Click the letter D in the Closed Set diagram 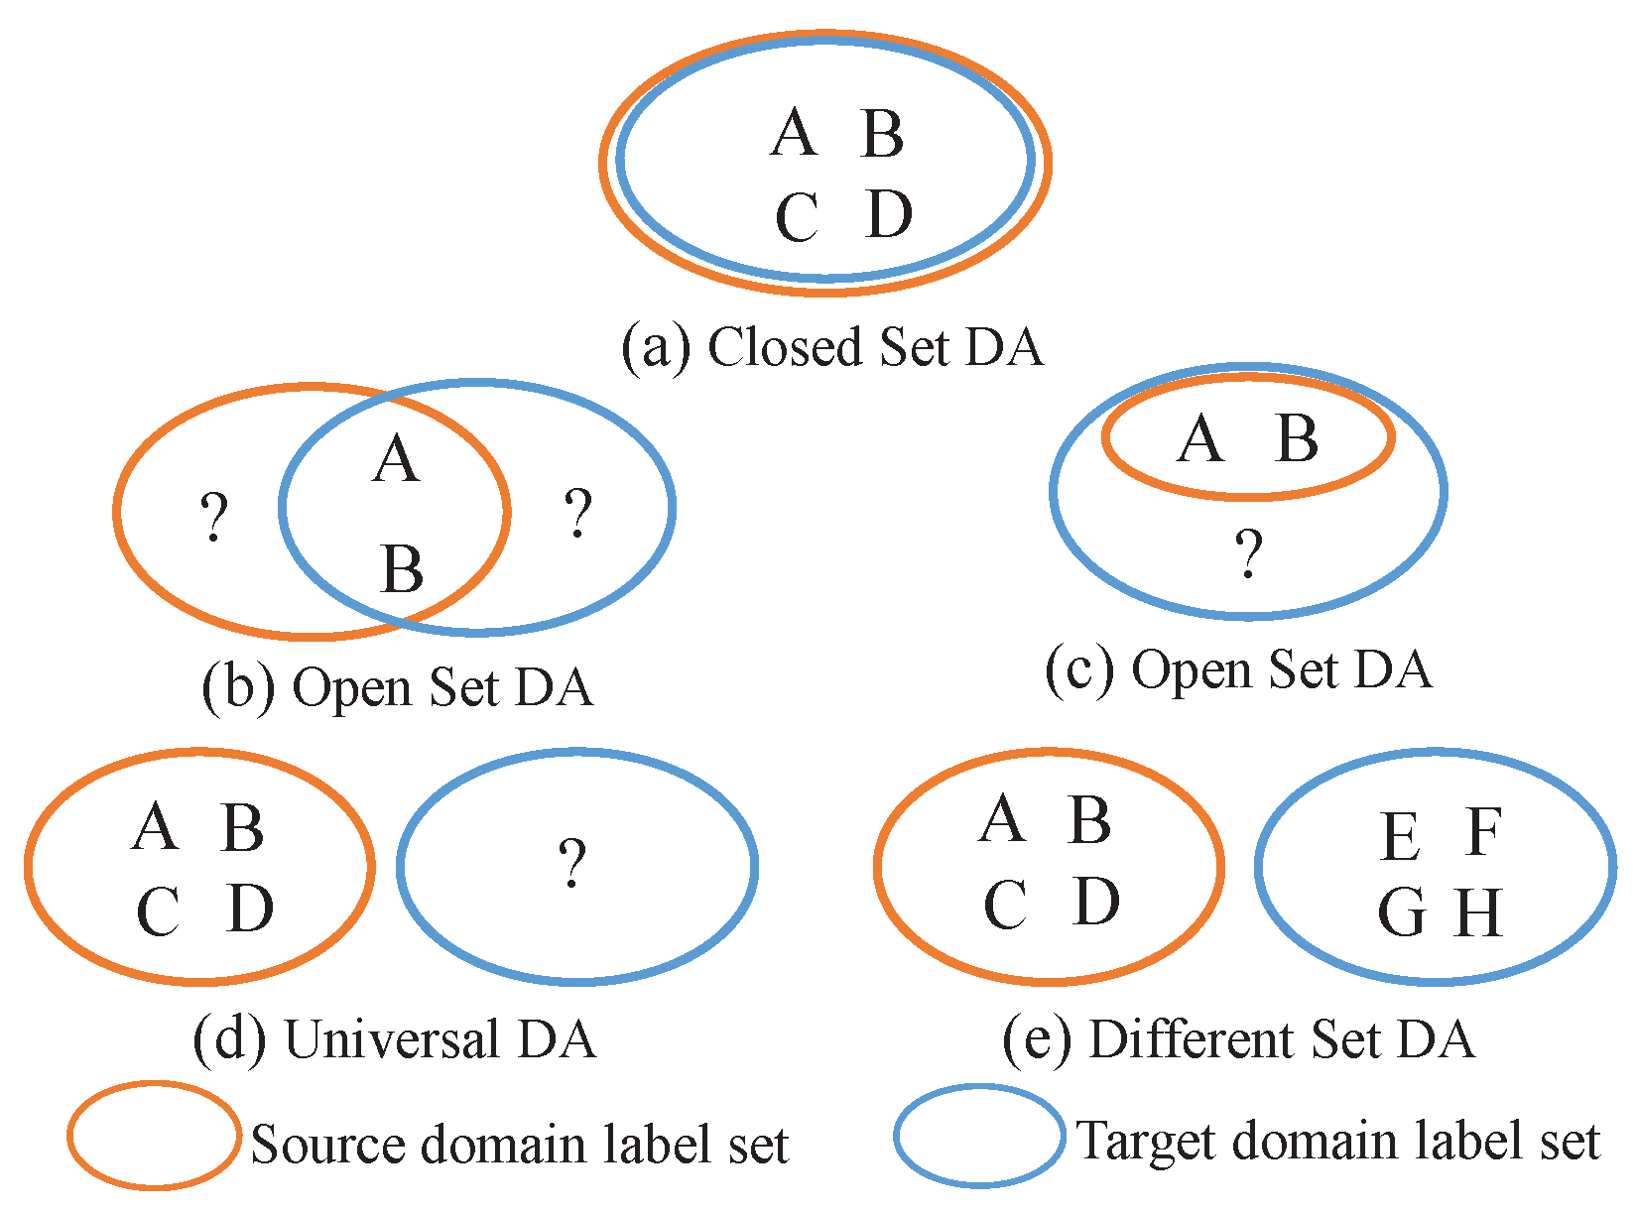888,214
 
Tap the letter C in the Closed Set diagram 797,217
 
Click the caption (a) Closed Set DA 831,347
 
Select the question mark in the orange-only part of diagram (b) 213,517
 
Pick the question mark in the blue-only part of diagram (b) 577,514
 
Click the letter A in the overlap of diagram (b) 396,460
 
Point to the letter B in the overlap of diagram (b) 402,569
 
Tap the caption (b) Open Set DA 397,687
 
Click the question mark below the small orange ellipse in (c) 1248,553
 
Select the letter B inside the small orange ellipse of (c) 1297,438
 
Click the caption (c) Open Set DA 1238,669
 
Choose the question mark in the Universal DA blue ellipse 571,863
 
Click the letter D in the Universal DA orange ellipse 249,909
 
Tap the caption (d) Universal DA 395,1039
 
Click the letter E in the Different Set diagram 1400,836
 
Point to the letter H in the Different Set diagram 1478,912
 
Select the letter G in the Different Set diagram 1402,912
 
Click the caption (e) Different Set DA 1238,1039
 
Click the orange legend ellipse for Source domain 154,1136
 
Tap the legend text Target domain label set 1337,1141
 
